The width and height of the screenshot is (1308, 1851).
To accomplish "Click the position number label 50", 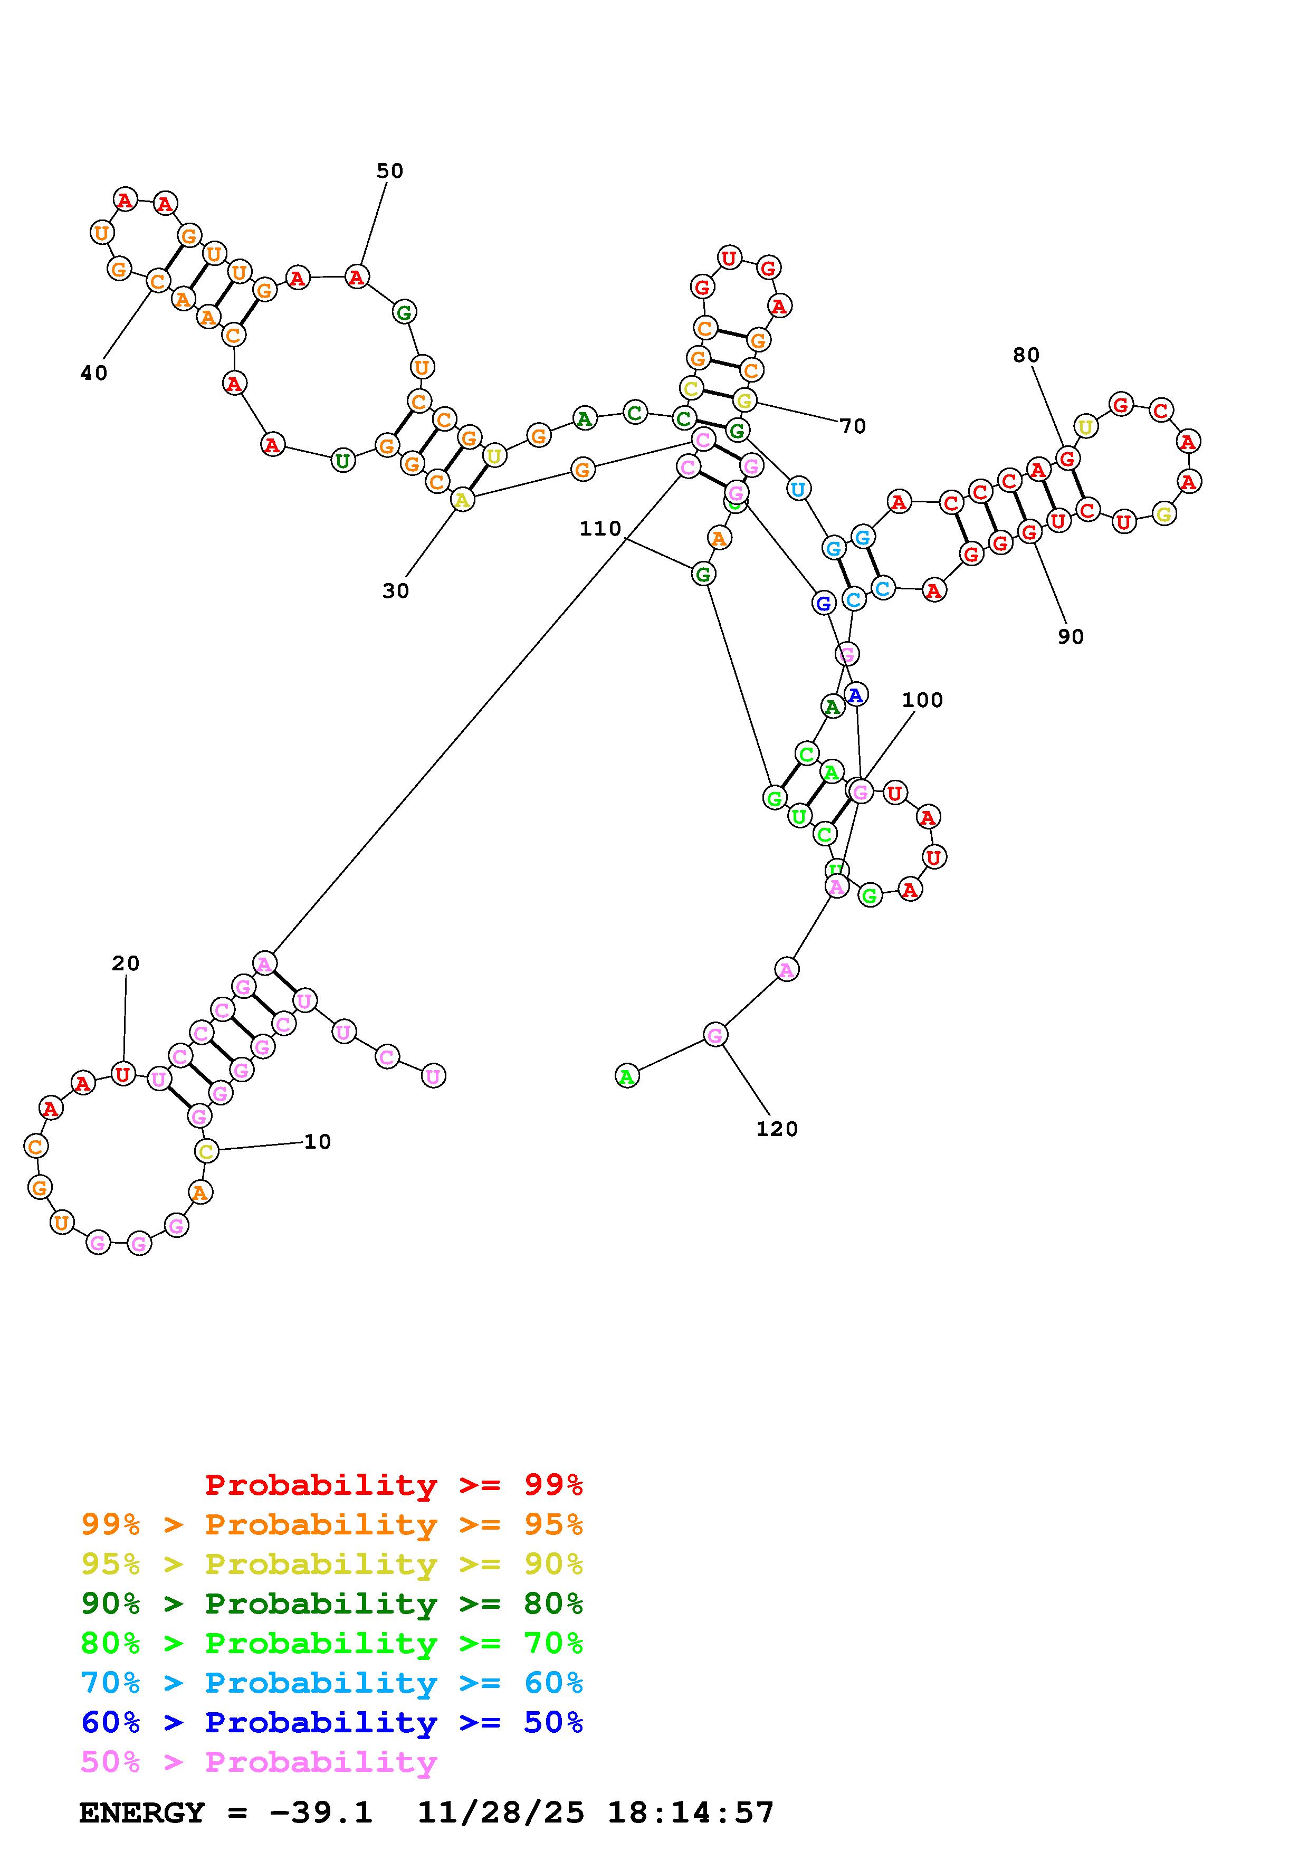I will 389,171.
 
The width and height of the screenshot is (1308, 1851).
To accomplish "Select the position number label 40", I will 93,373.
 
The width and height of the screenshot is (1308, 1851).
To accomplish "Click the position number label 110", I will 600,529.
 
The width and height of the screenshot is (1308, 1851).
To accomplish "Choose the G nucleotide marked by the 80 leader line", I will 1068,459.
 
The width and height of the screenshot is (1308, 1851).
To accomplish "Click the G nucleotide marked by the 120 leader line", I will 715,1034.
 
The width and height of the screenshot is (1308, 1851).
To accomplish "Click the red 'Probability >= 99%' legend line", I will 394,1484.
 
